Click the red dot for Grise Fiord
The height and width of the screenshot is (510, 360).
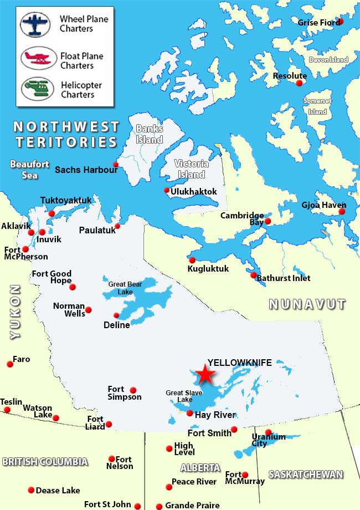tap(340, 22)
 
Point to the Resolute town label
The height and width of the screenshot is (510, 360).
tap(290, 76)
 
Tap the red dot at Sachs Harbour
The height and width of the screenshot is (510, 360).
tap(116, 164)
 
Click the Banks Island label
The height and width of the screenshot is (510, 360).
tap(150, 134)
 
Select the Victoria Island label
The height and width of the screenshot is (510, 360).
tap(191, 169)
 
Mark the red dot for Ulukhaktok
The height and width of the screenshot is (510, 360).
tap(166, 191)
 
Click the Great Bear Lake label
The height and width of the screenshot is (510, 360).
tap(125, 288)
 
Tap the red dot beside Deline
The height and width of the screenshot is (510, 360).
tap(116, 315)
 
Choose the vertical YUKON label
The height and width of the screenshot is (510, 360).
tap(15, 312)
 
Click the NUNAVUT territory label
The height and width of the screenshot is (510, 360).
tap(307, 304)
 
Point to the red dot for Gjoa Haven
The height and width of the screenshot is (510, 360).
tap(342, 212)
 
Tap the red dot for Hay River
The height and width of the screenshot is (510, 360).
tap(190, 413)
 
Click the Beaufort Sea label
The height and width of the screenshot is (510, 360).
tap(30, 170)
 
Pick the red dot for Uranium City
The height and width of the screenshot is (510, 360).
tap(269, 432)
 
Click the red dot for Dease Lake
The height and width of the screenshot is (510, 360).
tap(30, 490)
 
